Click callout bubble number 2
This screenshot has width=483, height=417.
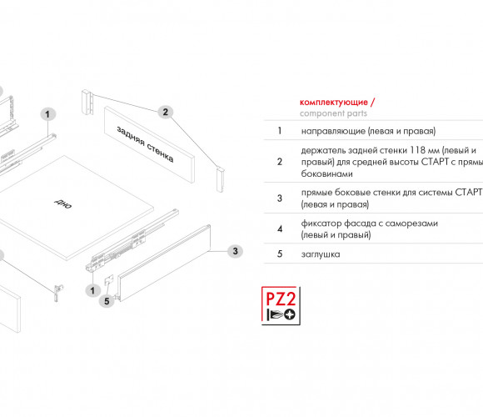tap(166, 112)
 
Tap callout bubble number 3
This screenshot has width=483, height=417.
tap(235, 251)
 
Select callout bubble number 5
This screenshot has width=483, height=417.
tap(107, 301)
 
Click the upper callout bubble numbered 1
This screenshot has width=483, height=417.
tap(47, 114)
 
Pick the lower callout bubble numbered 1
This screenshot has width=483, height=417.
tap(92, 290)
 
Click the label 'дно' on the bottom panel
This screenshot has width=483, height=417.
tap(62, 203)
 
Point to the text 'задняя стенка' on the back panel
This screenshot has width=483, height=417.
tap(145, 144)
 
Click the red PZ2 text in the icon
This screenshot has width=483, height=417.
tap(281, 298)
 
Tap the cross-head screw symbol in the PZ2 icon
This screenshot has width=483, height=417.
tap(290, 314)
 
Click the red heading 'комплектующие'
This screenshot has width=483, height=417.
tap(334, 102)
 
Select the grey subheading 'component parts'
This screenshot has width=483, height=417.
tap(333, 113)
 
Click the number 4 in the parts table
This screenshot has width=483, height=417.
tap(280, 229)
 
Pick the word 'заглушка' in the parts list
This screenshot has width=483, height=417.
tap(321, 254)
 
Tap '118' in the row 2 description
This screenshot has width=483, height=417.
tap(418, 150)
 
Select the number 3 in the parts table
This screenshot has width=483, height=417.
tap(280, 198)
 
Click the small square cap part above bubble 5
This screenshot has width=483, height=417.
tap(109, 280)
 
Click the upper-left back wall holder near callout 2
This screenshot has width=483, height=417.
tap(87, 103)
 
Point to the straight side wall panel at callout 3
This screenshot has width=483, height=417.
tap(164, 263)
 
